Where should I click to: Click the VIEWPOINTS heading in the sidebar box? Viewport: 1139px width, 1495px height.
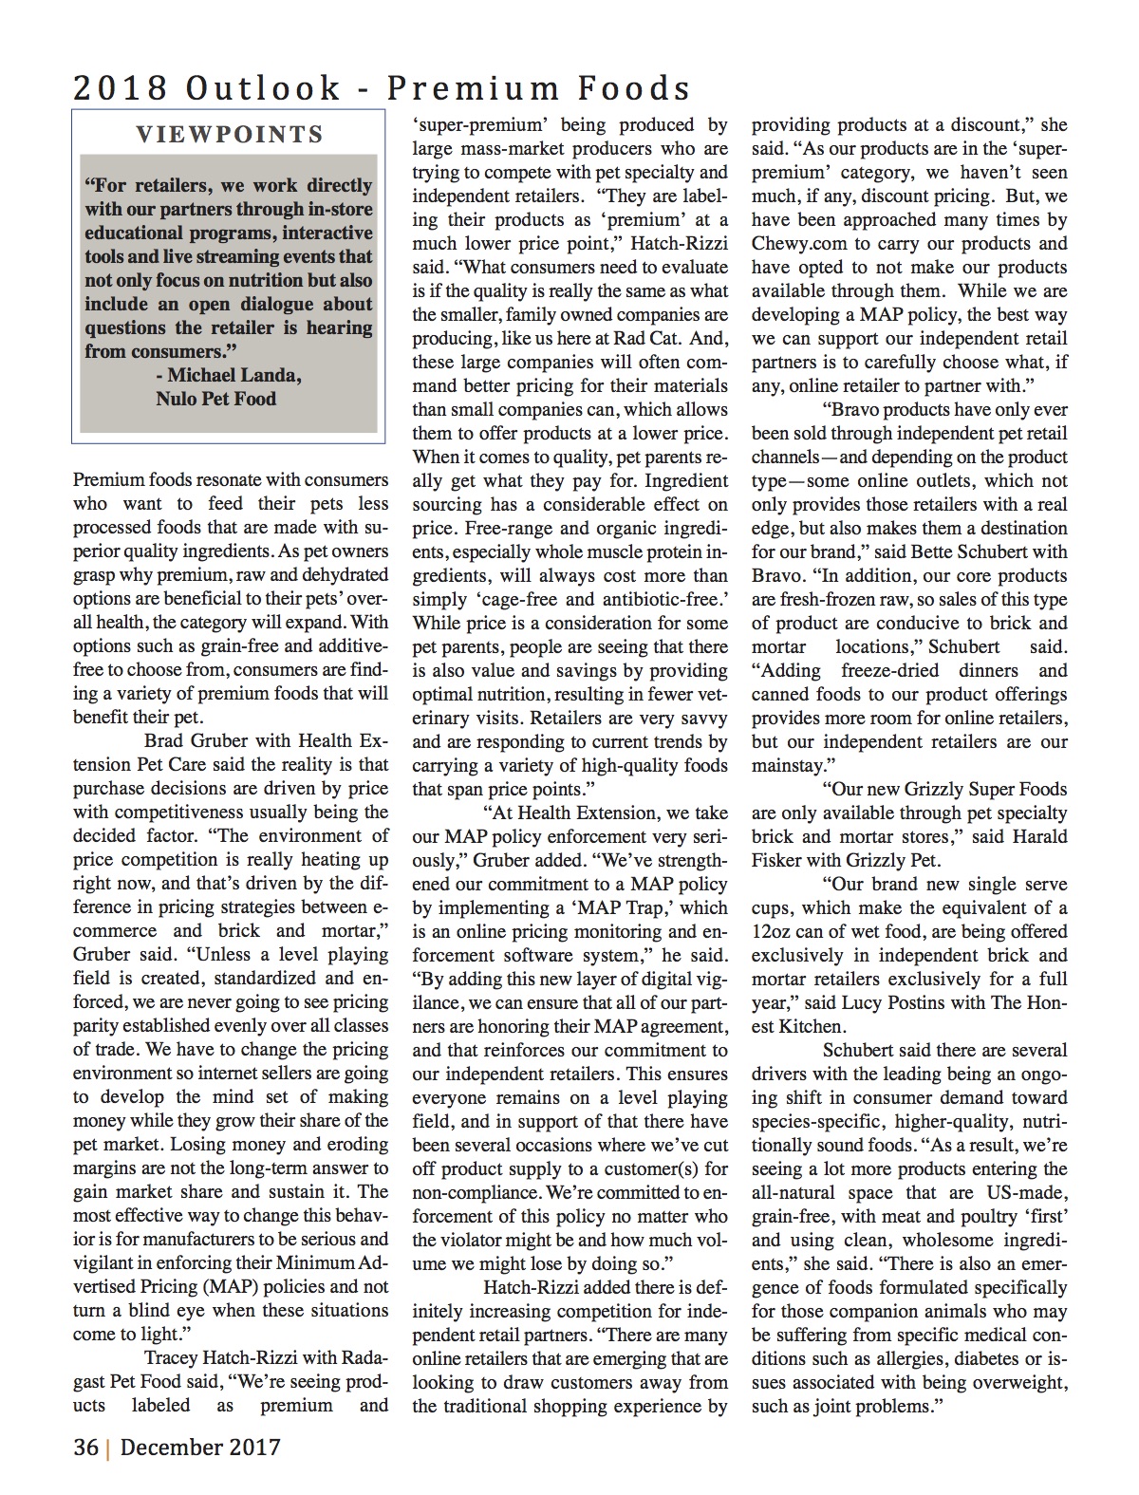[x=229, y=135]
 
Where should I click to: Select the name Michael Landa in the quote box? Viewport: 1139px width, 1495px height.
[x=234, y=375]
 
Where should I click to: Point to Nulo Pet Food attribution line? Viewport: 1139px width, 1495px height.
[x=215, y=399]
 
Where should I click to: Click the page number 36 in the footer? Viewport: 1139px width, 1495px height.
[x=86, y=1448]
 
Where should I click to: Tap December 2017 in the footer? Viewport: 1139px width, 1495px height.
[x=200, y=1448]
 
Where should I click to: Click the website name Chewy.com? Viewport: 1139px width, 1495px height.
[x=799, y=244]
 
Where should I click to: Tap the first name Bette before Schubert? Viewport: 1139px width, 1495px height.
[x=939, y=552]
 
